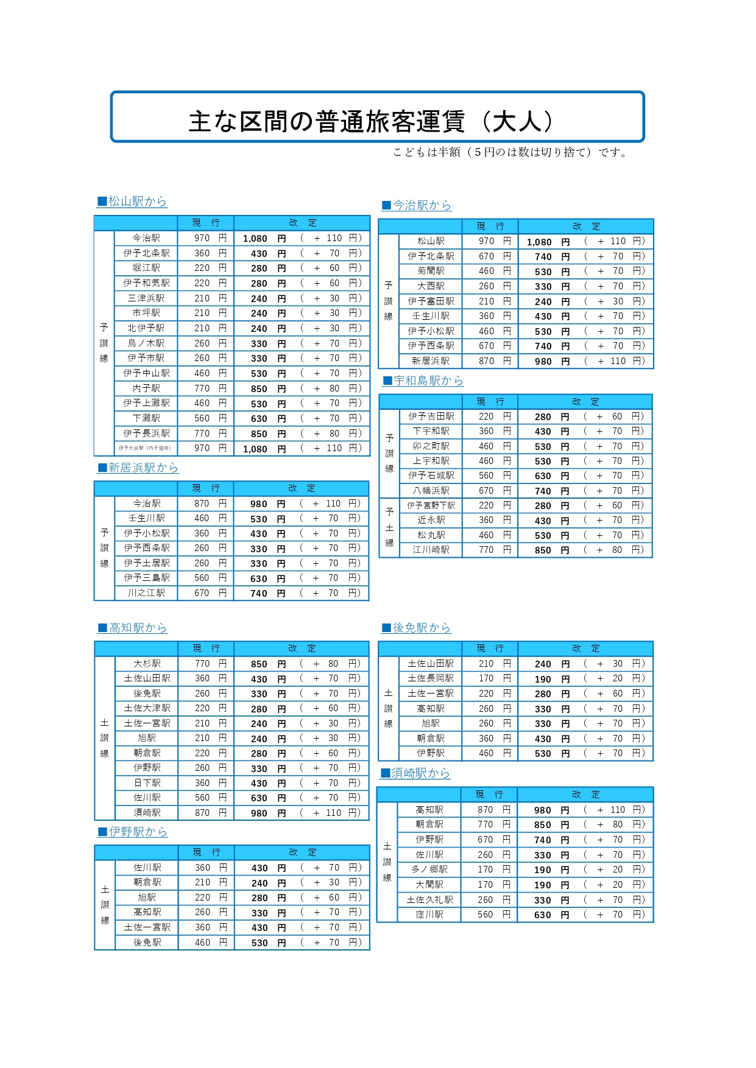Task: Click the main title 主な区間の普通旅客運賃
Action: coord(372,121)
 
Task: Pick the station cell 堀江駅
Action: coord(146,268)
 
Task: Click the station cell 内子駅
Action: coord(146,388)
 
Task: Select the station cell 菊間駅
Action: coord(431,271)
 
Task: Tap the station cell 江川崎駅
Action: coord(431,550)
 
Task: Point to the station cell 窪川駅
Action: coord(429,915)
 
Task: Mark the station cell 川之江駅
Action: coord(146,593)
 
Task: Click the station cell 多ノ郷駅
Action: coord(429,870)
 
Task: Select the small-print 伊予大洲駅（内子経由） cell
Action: coord(145,448)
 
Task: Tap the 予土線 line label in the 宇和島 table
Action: coord(389,527)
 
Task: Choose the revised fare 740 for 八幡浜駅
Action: coord(543,491)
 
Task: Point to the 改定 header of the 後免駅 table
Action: coord(585,648)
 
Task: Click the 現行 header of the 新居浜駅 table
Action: coord(205,488)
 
